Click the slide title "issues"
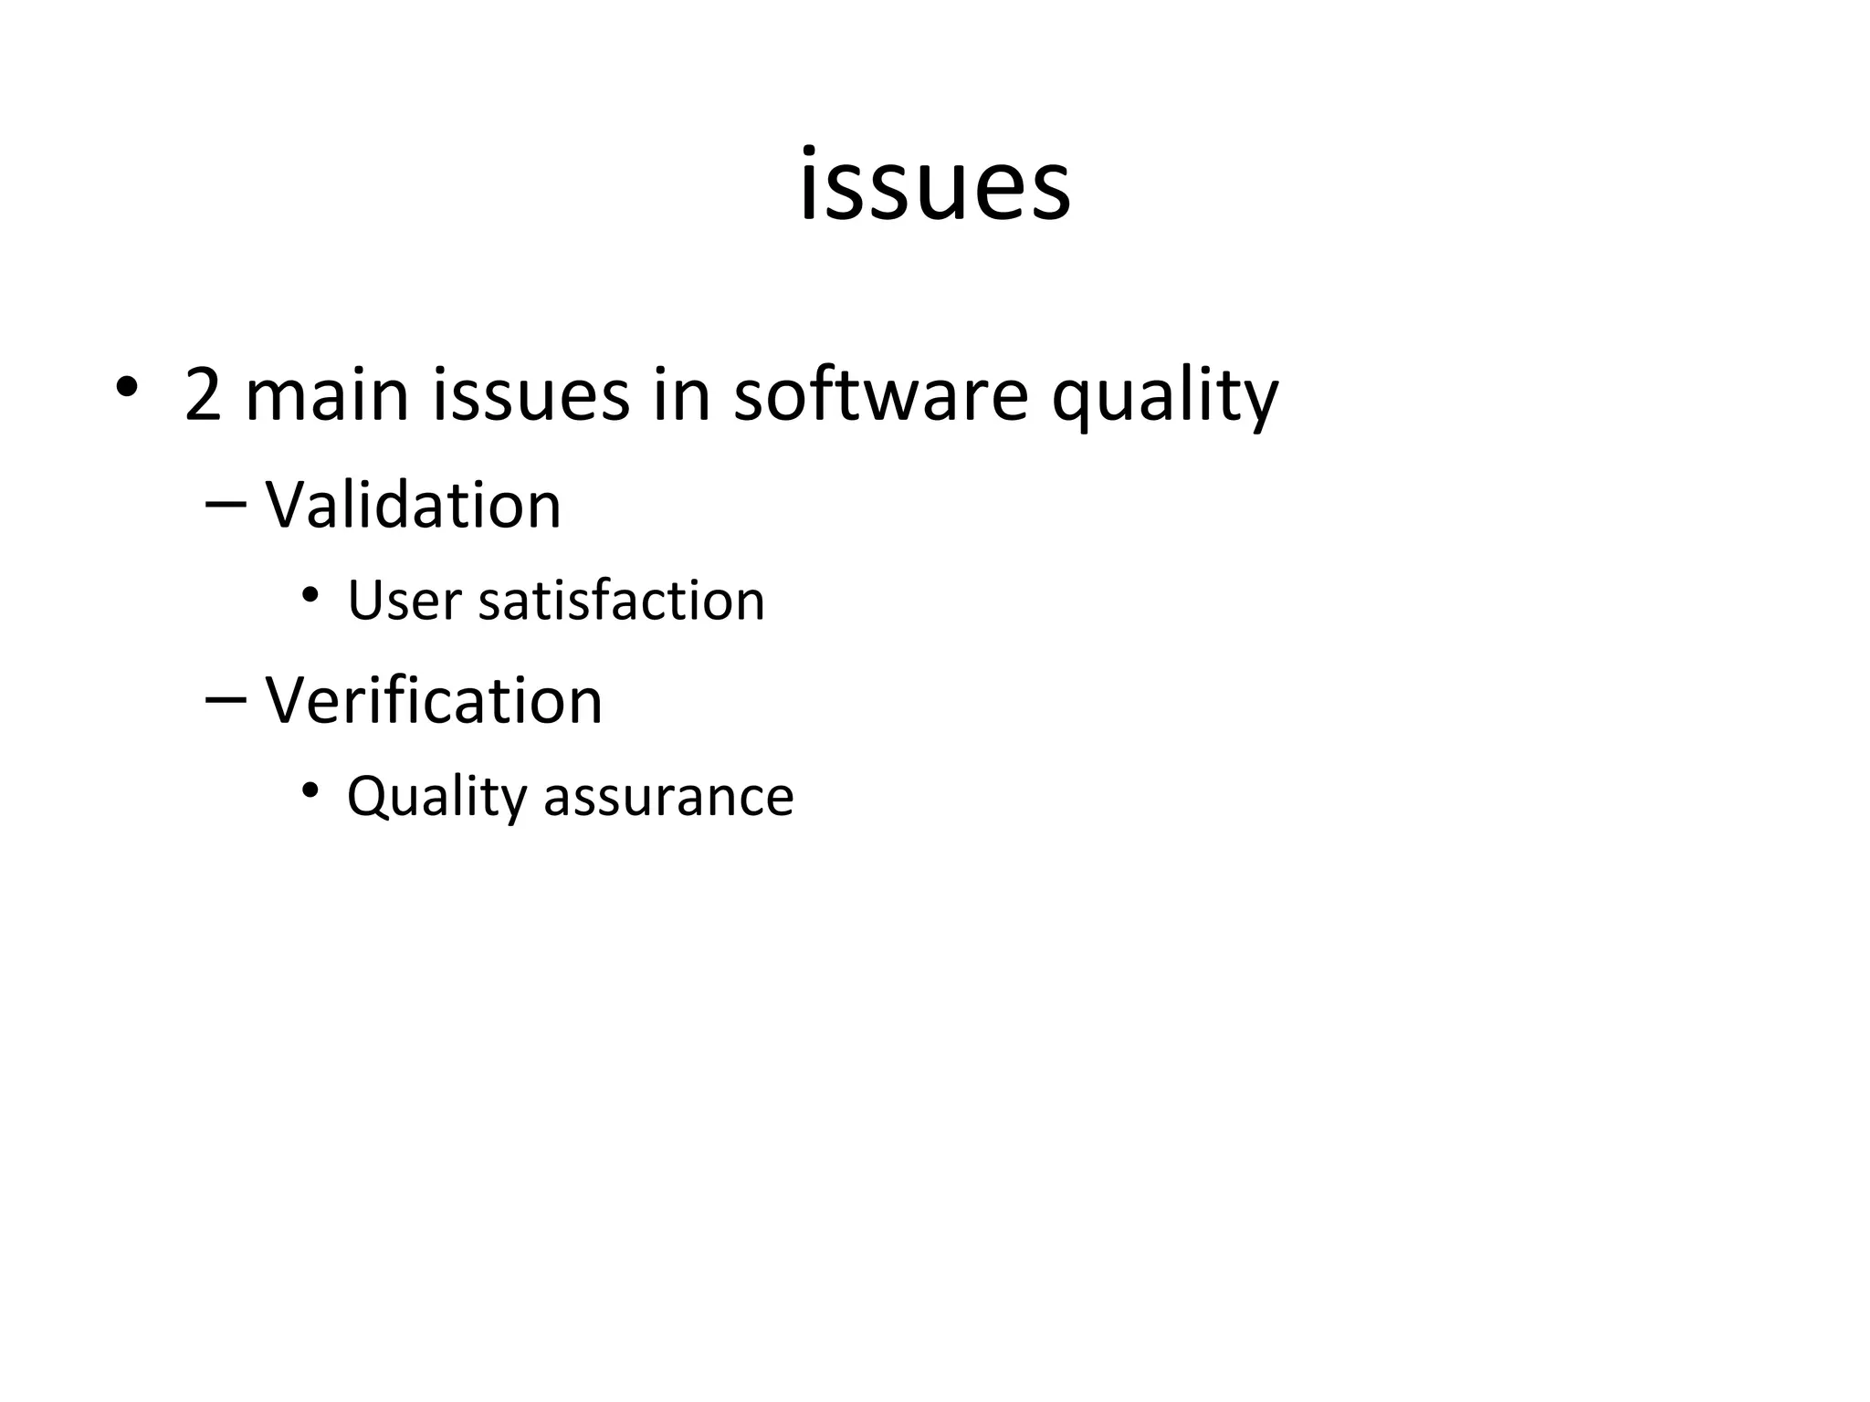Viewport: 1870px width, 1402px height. [934, 186]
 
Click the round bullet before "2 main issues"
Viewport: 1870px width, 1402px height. [127, 388]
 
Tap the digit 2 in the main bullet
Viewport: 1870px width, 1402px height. [203, 395]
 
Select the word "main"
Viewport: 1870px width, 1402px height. [327, 395]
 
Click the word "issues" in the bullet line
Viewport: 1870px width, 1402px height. [531, 395]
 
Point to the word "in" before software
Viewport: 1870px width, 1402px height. [681, 395]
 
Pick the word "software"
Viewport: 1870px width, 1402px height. [881, 395]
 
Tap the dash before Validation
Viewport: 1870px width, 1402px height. [226, 503]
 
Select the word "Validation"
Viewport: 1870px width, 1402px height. [413, 505]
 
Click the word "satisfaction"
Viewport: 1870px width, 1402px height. [621, 602]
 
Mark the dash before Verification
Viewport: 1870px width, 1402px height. [226, 699]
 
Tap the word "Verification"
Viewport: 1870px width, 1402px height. [434, 701]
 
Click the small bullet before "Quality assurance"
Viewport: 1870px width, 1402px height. [310, 790]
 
